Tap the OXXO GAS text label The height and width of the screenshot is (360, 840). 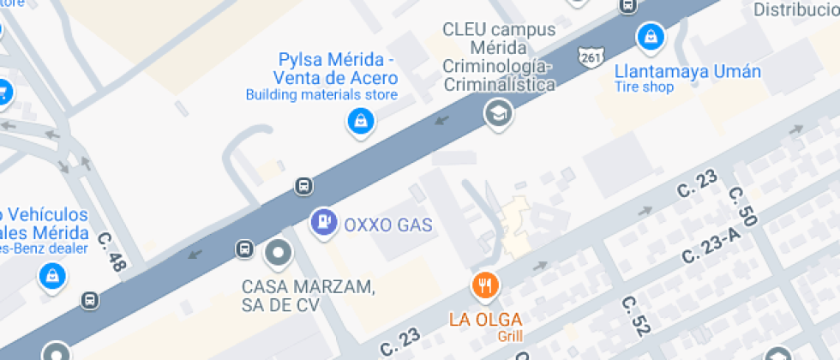387,225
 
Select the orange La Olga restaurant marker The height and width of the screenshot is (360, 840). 485,285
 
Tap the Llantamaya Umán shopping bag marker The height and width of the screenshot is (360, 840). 651,36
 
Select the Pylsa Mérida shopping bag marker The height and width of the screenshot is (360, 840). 359,120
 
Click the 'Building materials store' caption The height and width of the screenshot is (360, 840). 321,94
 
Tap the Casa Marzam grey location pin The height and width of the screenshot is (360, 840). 279,253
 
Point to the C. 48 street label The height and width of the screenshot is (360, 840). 112,252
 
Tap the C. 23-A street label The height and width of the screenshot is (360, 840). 711,248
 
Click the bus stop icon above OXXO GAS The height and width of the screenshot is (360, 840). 303,185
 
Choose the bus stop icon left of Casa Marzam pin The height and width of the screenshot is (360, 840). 244,249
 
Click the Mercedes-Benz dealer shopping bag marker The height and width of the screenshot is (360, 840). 53,275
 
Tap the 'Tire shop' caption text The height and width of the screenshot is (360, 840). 644,87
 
